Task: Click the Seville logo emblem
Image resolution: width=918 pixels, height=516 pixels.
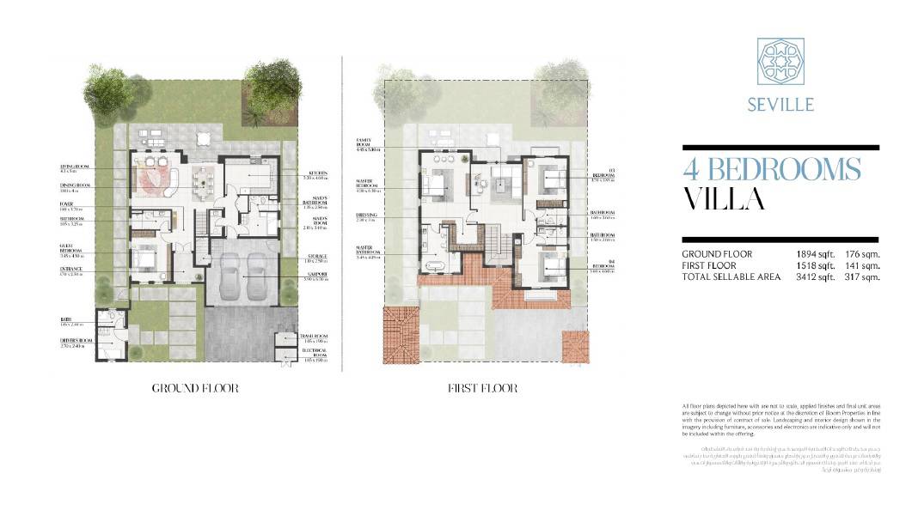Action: (x=780, y=61)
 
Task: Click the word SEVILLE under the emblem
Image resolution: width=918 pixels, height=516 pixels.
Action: (x=780, y=105)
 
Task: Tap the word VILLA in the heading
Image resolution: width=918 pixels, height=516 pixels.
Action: (x=724, y=199)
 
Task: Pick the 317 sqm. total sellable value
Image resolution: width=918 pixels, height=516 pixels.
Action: (x=862, y=276)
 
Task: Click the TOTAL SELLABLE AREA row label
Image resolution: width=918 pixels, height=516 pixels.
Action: (x=731, y=276)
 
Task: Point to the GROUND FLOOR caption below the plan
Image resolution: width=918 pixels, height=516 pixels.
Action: (x=195, y=388)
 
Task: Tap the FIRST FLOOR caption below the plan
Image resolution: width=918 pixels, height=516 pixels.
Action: (x=482, y=388)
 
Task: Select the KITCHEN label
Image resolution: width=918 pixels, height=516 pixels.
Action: (x=315, y=175)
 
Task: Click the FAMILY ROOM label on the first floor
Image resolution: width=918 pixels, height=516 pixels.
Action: (x=367, y=143)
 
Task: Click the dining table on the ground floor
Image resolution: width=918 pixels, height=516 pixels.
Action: (x=202, y=179)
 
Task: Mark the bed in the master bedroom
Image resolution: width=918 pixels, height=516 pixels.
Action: (x=438, y=182)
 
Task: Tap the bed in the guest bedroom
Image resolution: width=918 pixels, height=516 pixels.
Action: (x=144, y=257)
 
